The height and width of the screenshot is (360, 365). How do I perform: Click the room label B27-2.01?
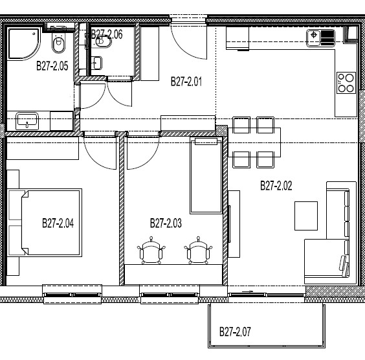click(x=186, y=82)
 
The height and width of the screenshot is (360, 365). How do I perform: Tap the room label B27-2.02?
click(x=276, y=186)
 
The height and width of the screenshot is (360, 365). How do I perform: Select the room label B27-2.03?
click(x=166, y=223)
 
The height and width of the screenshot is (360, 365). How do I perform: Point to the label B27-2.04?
click(x=58, y=223)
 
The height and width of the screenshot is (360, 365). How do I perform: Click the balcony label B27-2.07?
click(x=235, y=332)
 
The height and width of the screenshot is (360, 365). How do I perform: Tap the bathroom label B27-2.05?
click(x=52, y=66)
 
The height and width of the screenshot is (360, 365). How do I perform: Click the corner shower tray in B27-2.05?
click(x=23, y=43)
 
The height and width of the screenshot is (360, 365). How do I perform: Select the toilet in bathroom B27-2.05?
click(x=59, y=43)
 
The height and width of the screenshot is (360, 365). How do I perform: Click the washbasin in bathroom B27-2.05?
click(x=27, y=121)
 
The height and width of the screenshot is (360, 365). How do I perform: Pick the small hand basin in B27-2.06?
click(x=96, y=63)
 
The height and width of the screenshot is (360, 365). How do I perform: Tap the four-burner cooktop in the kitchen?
click(x=346, y=83)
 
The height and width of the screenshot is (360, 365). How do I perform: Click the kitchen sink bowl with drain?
click(x=314, y=38)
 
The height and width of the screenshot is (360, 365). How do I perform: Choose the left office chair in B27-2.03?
click(x=151, y=251)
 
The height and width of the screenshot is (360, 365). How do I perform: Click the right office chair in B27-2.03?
click(x=198, y=251)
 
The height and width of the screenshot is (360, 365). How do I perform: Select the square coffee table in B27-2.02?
click(x=306, y=216)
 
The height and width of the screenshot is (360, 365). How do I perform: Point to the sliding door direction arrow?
click(x=248, y=291)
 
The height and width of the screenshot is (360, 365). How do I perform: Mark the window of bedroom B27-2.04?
click(x=72, y=295)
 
